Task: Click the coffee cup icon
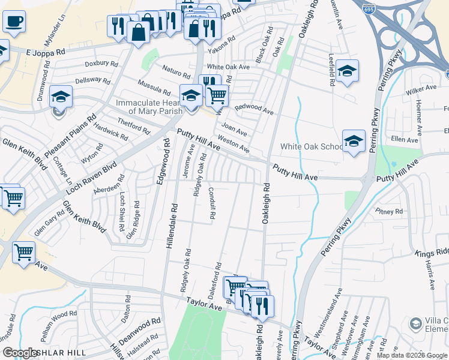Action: point(14,22)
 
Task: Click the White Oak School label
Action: point(312,147)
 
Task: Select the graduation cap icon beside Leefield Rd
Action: point(347,72)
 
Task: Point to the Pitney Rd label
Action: point(389,211)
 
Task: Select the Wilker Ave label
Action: point(421,88)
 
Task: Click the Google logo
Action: point(20,352)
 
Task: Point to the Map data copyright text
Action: point(412,355)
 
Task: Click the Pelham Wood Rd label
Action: point(56,315)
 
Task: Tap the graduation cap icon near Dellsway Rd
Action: point(61,97)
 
